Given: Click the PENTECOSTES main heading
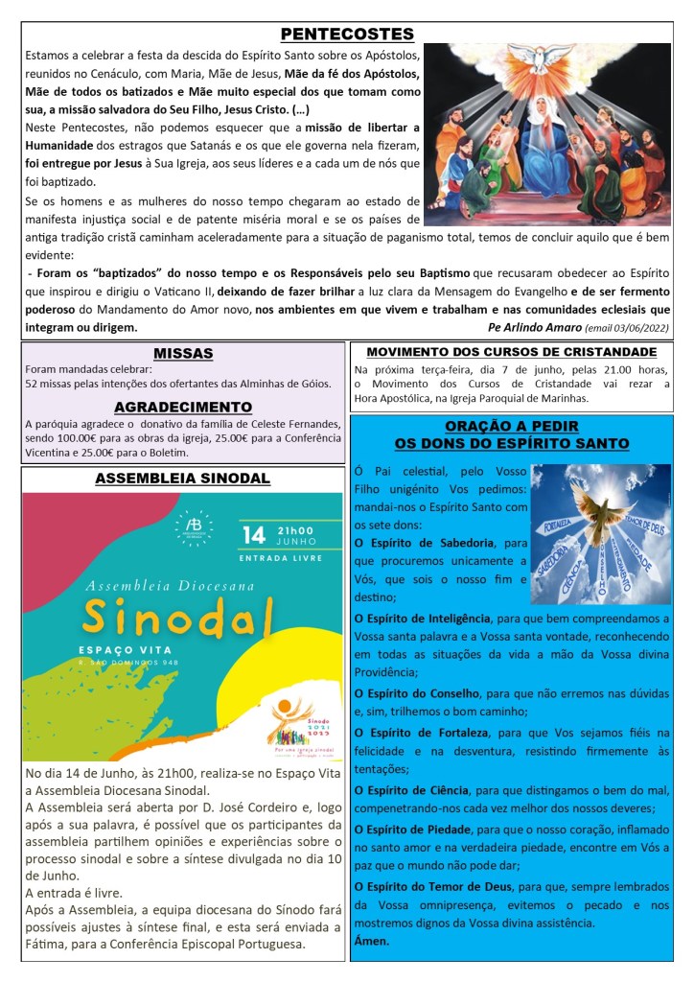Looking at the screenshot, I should (x=347, y=35).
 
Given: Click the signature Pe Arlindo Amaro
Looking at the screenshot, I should (x=534, y=327).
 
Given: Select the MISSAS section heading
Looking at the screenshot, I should (x=183, y=354).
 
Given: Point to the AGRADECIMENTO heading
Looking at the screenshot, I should (x=183, y=407).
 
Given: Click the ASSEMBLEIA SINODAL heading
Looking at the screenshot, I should (x=183, y=479).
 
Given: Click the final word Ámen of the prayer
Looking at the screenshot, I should (x=372, y=941).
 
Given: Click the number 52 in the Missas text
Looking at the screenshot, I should (x=33, y=384).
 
